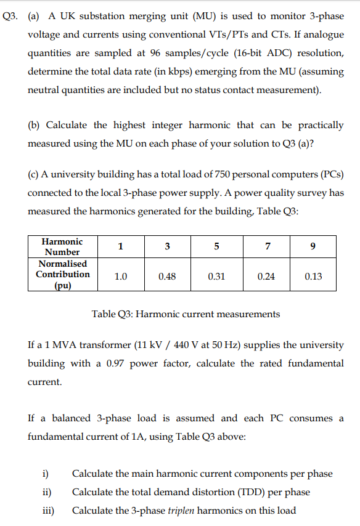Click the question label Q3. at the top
[x=10, y=17]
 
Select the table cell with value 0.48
[x=167, y=277]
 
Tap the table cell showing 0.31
[x=216, y=277]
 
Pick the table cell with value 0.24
[x=266, y=277]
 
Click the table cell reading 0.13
[x=313, y=277]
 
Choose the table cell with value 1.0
[x=121, y=277]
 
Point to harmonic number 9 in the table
[x=313, y=247]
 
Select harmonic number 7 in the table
[x=266, y=247]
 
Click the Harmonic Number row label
[x=62, y=246]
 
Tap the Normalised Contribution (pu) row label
[x=62, y=275]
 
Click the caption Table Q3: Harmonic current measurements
[x=186, y=314]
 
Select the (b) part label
[x=35, y=125]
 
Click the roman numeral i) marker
[x=45, y=474]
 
